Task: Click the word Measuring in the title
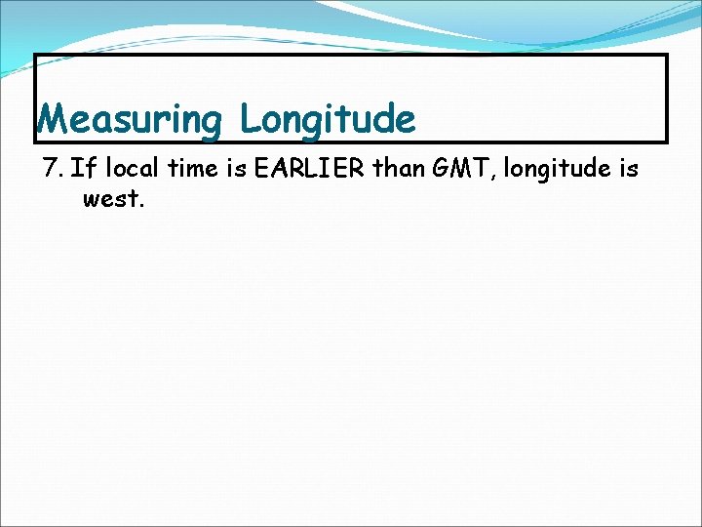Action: [x=131, y=120]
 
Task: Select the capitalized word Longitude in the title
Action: [x=328, y=120]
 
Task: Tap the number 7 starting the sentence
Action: [x=52, y=169]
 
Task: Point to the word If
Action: [x=82, y=169]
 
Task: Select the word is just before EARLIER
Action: [x=235, y=169]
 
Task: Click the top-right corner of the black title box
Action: [x=667, y=55]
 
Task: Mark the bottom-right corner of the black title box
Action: [x=667, y=142]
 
